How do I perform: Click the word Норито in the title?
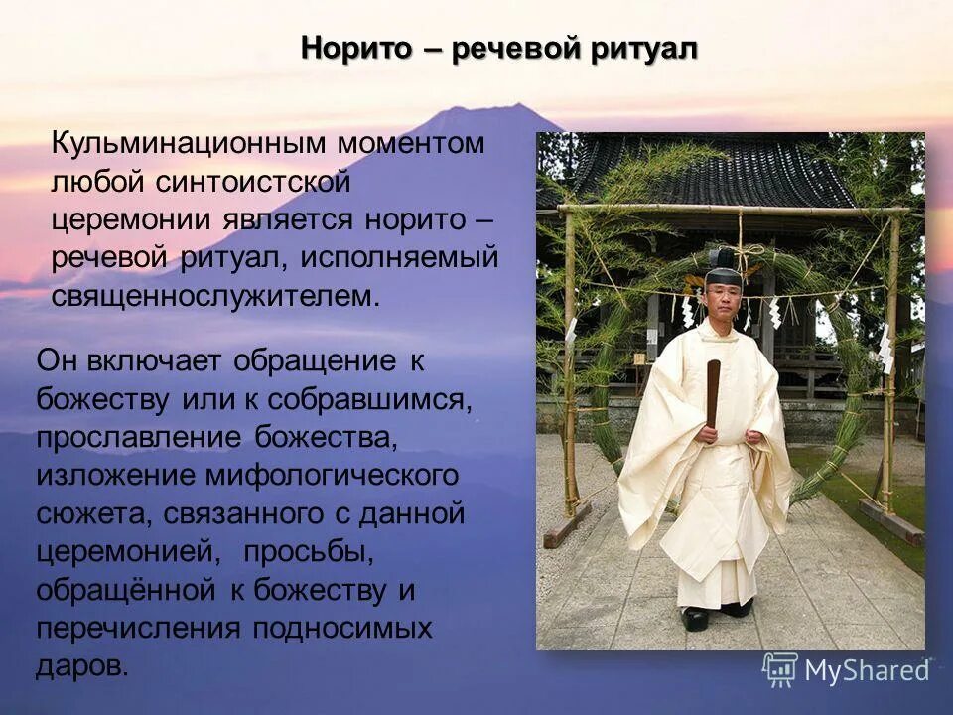(356, 48)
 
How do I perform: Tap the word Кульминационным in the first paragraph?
(191, 143)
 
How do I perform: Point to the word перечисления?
(138, 629)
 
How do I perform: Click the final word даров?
(81, 666)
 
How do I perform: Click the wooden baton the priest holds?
(713, 392)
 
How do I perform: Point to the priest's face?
(723, 298)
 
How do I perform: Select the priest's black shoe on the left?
(696, 618)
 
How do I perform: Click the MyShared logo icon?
(779, 669)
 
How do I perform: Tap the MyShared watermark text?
(867, 671)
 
